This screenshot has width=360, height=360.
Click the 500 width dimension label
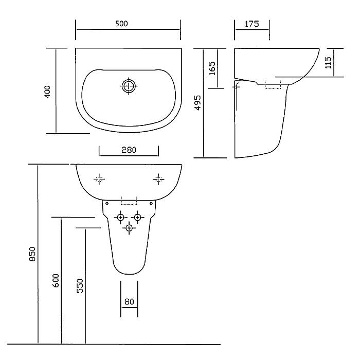121,24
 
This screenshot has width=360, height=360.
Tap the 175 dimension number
252,24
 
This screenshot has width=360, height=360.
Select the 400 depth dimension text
47,92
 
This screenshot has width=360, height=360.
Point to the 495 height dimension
197,103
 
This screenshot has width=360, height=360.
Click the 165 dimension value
212,68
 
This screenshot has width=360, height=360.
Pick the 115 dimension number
328,62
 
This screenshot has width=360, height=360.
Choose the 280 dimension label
129,150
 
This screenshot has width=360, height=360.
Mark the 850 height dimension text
32,254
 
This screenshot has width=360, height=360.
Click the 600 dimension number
56,280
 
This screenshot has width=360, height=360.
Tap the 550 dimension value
80,286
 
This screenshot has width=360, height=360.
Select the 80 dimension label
129,301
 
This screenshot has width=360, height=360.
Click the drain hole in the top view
129,86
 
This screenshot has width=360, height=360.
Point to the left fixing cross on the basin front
99,179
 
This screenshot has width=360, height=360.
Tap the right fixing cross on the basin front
158,179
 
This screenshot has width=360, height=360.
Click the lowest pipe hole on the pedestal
129,228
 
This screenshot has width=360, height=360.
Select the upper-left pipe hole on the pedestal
120,217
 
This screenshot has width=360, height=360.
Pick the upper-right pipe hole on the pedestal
137,217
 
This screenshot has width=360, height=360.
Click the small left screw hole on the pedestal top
107,204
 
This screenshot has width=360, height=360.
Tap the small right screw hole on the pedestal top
151,204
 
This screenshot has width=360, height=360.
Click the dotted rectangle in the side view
273,84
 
